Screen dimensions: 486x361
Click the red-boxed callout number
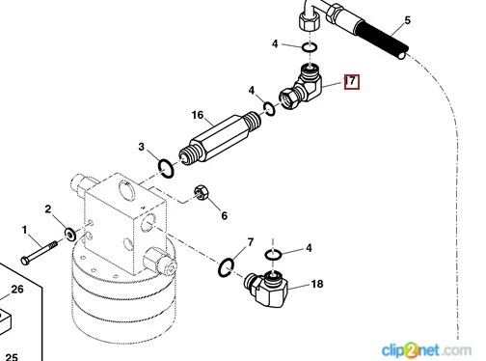click(x=352, y=82)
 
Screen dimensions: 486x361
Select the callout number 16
click(x=198, y=115)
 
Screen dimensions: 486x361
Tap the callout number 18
click(x=317, y=284)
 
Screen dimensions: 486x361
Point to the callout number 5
click(x=408, y=20)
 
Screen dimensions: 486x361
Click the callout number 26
click(x=17, y=289)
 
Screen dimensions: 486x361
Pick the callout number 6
click(x=224, y=215)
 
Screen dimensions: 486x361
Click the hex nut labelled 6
click(x=201, y=192)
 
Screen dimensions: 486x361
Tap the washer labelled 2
click(x=69, y=234)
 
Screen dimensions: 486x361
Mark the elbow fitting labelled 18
click(x=267, y=288)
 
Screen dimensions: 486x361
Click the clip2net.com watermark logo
click(x=426, y=350)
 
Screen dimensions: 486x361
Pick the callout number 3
click(x=142, y=147)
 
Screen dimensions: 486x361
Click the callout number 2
click(x=48, y=209)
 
